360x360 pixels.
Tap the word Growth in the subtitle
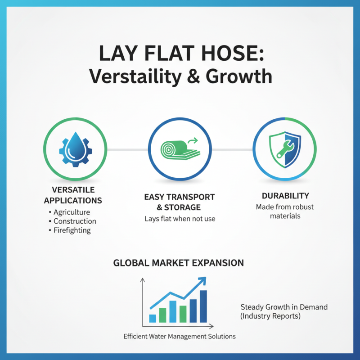[x=238, y=76]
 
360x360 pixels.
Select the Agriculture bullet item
[x=72, y=212]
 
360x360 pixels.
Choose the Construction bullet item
[x=75, y=221]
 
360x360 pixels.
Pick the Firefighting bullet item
[x=72, y=230]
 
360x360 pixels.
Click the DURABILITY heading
[x=285, y=196]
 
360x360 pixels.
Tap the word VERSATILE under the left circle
[x=73, y=189]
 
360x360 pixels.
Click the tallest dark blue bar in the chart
[x=203, y=306]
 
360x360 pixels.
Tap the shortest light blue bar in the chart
[x=153, y=318]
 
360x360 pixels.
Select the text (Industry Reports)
[x=270, y=316]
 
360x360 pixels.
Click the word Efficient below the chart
[x=136, y=336]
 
